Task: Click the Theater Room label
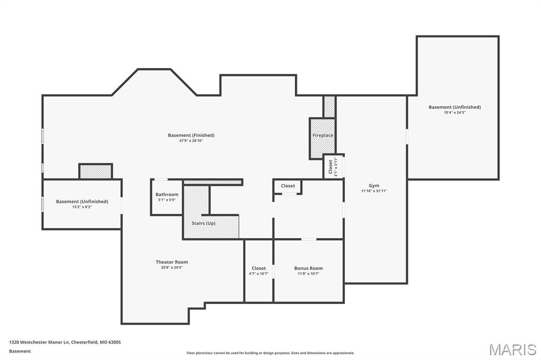click(172, 262)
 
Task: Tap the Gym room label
click(374, 186)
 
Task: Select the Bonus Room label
click(308, 268)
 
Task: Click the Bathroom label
click(167, 194)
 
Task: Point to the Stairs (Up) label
click(203, 223)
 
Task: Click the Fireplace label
click(323, 136)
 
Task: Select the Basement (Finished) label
click(191, 135)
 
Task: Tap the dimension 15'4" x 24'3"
click(454, 112)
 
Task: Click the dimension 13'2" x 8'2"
click(82, 207)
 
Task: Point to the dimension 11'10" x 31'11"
click(374, 191)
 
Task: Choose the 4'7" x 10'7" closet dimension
click(259, 273)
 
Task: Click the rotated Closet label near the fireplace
click(331, 166)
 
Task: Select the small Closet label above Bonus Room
click(288, 186)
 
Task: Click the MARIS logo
click(512, 349)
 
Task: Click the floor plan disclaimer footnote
click(270, 353)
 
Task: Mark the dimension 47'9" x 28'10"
click(191, 141)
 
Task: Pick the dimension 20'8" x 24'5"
click(172, 268)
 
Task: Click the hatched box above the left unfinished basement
click(96, 172)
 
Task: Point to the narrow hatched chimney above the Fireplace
click(329, 107)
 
